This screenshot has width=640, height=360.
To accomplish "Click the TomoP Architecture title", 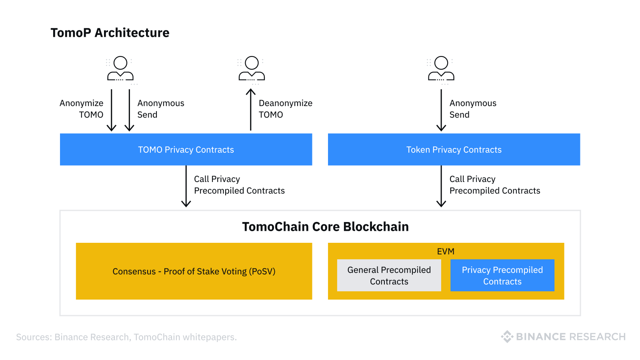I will [110, 33].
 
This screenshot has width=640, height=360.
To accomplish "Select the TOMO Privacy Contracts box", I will [186, 150].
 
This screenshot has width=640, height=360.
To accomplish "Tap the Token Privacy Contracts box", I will [454, 150].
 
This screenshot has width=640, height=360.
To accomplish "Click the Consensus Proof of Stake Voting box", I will [194, 271].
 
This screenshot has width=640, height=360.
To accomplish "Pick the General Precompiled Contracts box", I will [389, 276].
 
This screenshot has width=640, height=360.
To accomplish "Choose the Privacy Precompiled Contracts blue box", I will [502, 276].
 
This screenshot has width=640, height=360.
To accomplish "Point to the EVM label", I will [446, 252].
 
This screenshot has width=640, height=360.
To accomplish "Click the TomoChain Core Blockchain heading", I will [325, 227].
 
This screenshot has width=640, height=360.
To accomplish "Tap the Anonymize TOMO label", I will [82, 109].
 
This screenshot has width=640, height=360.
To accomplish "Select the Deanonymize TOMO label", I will [285, 109].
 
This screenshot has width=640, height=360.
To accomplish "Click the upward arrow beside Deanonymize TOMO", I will [251, 110].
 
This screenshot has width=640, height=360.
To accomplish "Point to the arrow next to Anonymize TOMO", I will [112, 110].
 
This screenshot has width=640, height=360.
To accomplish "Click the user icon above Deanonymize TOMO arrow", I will [252, 69].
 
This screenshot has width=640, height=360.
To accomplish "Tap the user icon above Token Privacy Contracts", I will [441, 69].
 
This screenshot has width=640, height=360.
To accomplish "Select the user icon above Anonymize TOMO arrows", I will [120, 69].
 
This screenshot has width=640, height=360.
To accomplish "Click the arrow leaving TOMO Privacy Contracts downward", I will [186, 186].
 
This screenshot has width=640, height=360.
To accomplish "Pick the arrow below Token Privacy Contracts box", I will [441, 186].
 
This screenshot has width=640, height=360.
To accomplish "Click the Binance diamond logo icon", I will [507, 337].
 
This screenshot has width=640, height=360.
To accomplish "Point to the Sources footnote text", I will [126, 337].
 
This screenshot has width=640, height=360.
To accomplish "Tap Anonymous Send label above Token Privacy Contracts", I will [473, 109].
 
